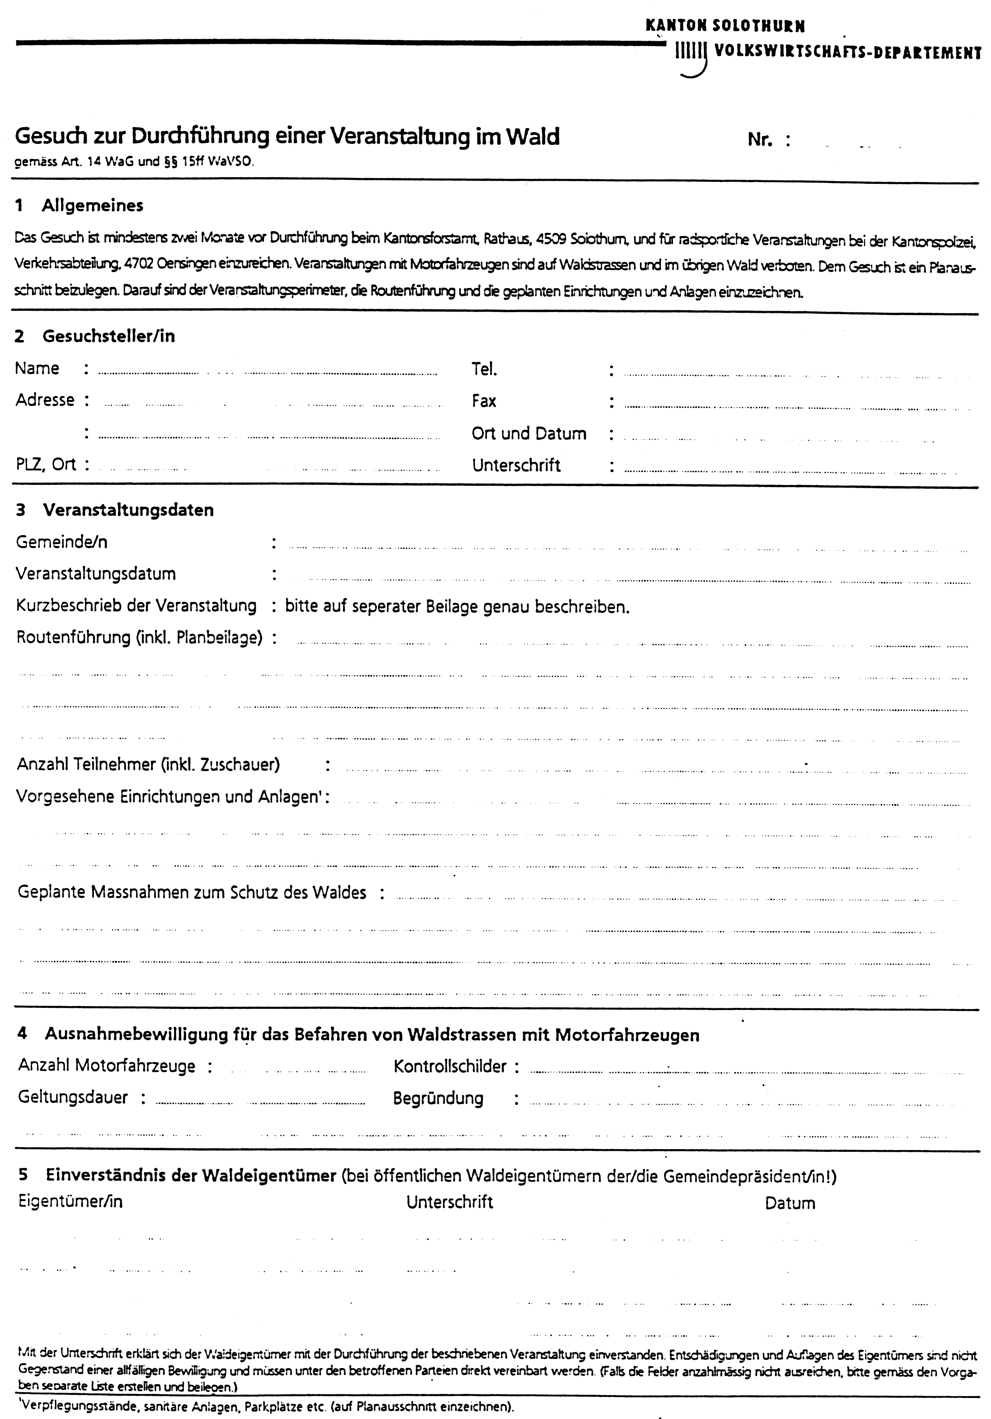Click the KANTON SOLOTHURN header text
tap(725, 26)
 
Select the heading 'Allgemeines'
tap(92, 206)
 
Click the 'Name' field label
tap(37, 368)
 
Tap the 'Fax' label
tap(484, 401)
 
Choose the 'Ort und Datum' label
tap(529, 433)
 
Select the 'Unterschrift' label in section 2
tap(516, 466)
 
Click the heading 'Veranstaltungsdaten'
tap(128, 510)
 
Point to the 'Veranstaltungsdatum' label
tap(96, 573)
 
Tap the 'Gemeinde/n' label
tap(62, 542)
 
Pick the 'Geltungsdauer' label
tap(73, 1097)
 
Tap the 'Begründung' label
tap(438, 1098)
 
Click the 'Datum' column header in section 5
tap(790, 1203)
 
